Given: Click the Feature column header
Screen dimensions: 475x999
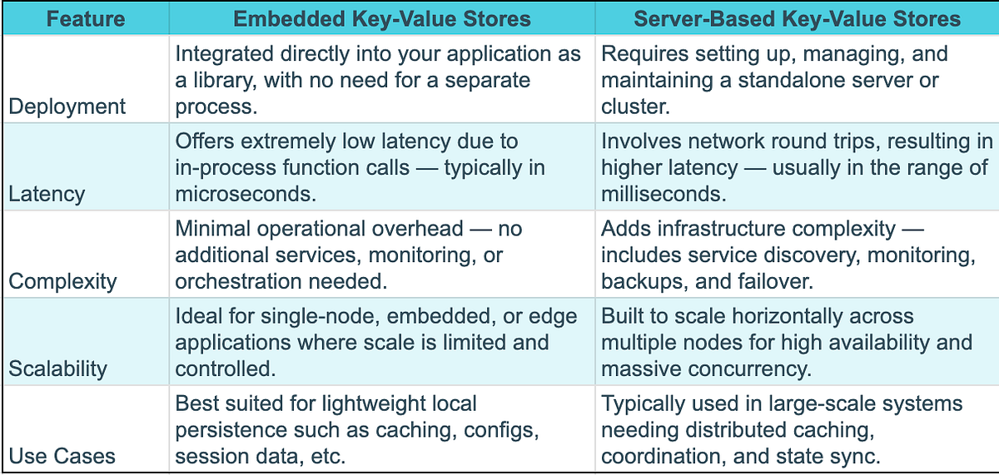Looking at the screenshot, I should click(x=86, y=18).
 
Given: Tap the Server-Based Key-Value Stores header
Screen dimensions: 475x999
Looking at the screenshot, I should click(x=797, y=18).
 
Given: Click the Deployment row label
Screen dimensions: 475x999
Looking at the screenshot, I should click(x=67, y=106).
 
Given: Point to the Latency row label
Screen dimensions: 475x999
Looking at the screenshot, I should click(x=47, y=194).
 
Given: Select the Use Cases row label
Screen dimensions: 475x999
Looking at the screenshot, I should click(x=62, y=456).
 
